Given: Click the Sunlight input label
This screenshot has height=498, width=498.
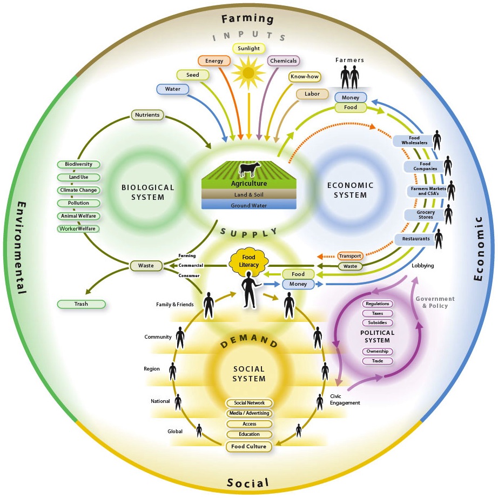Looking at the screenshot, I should click(249, 49).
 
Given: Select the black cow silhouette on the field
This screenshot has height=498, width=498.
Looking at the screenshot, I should click(249, 170).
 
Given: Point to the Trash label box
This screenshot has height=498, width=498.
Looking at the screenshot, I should click(81, 304).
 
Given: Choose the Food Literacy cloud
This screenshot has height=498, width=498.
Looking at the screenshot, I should click(248, 261).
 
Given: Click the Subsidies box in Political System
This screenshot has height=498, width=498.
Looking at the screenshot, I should click(377, 322).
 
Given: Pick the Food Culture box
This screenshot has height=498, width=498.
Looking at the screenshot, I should click(249, 446).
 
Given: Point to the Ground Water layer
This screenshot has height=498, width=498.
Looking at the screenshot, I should click(249, 205).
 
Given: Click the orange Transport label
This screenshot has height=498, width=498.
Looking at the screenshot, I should click(349, 256).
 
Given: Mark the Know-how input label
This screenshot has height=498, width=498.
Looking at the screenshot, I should click(305, 77).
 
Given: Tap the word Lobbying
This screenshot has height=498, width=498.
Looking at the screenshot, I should click(422, 266).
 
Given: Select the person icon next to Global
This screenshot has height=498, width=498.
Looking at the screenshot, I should click(199, 430).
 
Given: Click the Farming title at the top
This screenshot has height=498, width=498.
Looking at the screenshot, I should click(248, 18).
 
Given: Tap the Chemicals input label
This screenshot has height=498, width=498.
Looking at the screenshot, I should click(283, 61).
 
